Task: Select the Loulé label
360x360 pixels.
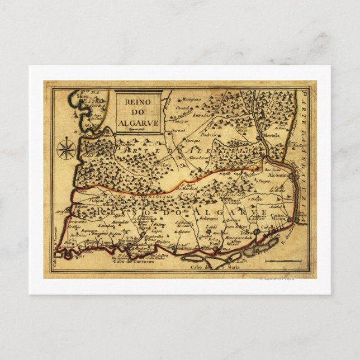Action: [x=211, y=226]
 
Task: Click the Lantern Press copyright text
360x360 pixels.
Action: [x=276, y=278]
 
